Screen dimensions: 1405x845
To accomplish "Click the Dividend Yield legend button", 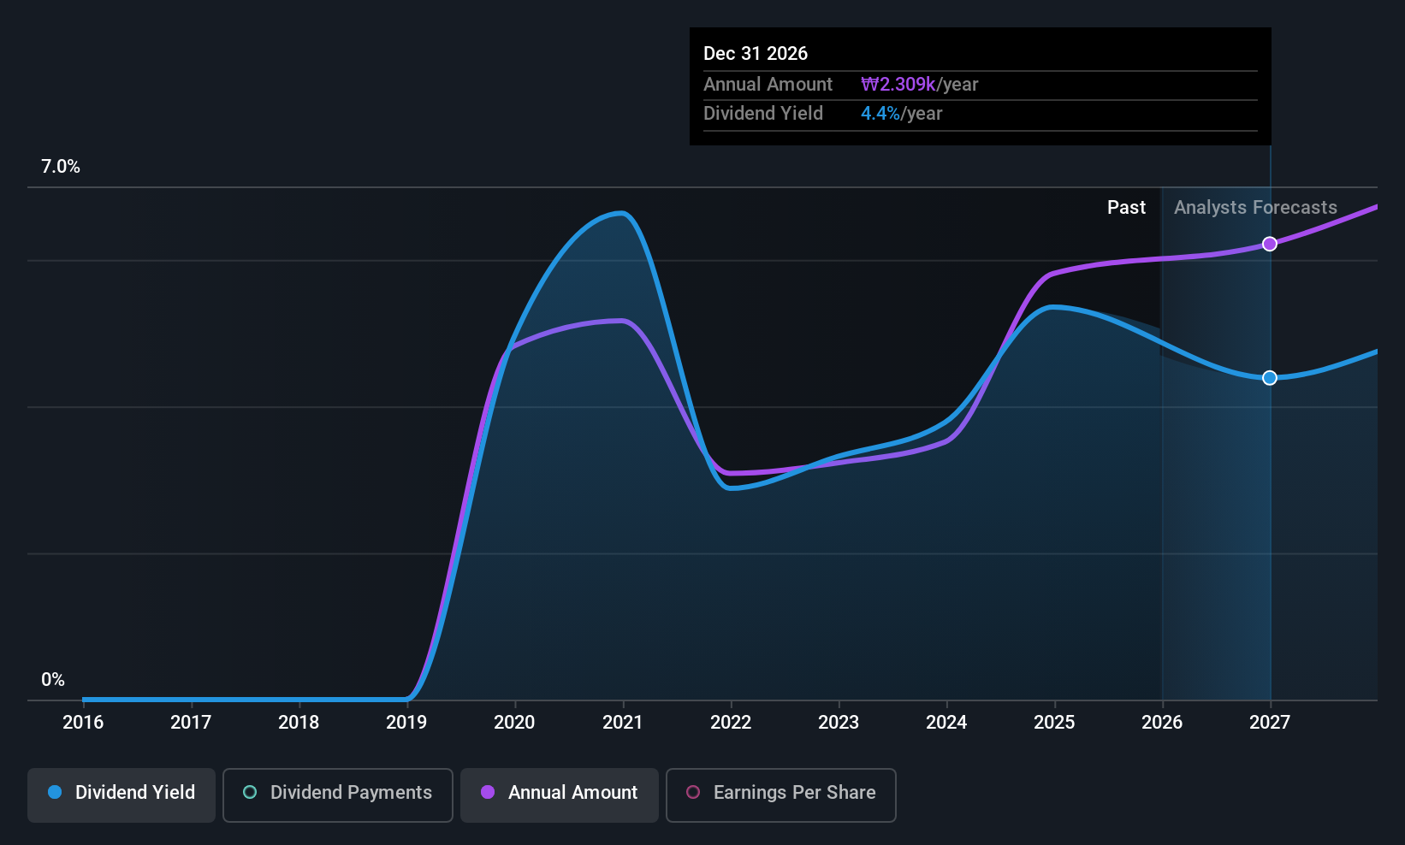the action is pos(121,795).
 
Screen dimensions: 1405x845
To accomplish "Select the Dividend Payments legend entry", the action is pos(337,795).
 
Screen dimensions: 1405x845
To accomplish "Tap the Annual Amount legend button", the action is pos(560,795).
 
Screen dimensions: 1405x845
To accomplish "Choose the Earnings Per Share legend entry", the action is pos(781,795).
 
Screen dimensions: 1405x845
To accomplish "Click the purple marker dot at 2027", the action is pos(1270,244).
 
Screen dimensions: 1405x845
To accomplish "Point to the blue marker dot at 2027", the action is pos(1270,377).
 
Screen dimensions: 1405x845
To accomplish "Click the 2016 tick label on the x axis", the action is pos(83,722).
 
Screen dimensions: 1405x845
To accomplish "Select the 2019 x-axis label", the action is pos(406,722).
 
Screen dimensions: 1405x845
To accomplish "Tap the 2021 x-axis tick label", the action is pos(622,722).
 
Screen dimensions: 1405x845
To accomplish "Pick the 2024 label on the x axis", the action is pos(946,722).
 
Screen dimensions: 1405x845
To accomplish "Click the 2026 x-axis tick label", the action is pos(1162,722).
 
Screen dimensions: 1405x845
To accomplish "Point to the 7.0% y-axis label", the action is pos(60,167).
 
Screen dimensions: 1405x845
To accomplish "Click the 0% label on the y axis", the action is pos(53,680).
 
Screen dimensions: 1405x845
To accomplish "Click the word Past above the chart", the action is pos(1127,208).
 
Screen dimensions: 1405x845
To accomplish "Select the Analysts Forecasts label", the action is pos(1255,208).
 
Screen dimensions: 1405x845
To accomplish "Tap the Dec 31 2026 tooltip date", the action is pos(756,53).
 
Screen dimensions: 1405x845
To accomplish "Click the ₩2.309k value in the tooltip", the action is pos(898,84).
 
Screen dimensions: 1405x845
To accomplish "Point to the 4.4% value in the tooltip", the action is pos(880,114).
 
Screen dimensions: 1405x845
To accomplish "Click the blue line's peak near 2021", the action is pos(621,213).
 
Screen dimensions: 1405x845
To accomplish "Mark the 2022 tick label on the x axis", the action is pos(731,722).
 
